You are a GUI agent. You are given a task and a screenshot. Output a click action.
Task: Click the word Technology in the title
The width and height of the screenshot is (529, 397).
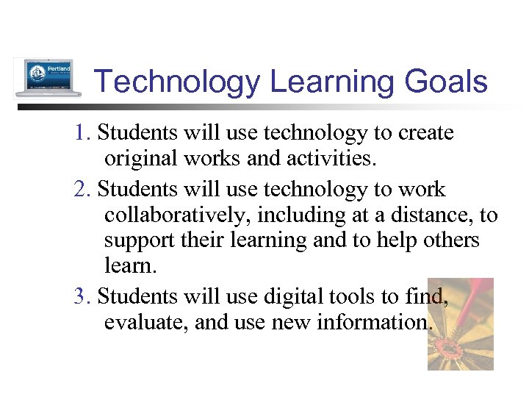[x=177, y=82]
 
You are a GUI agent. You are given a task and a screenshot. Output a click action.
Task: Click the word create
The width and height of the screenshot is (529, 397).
[x=426, y=134]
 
